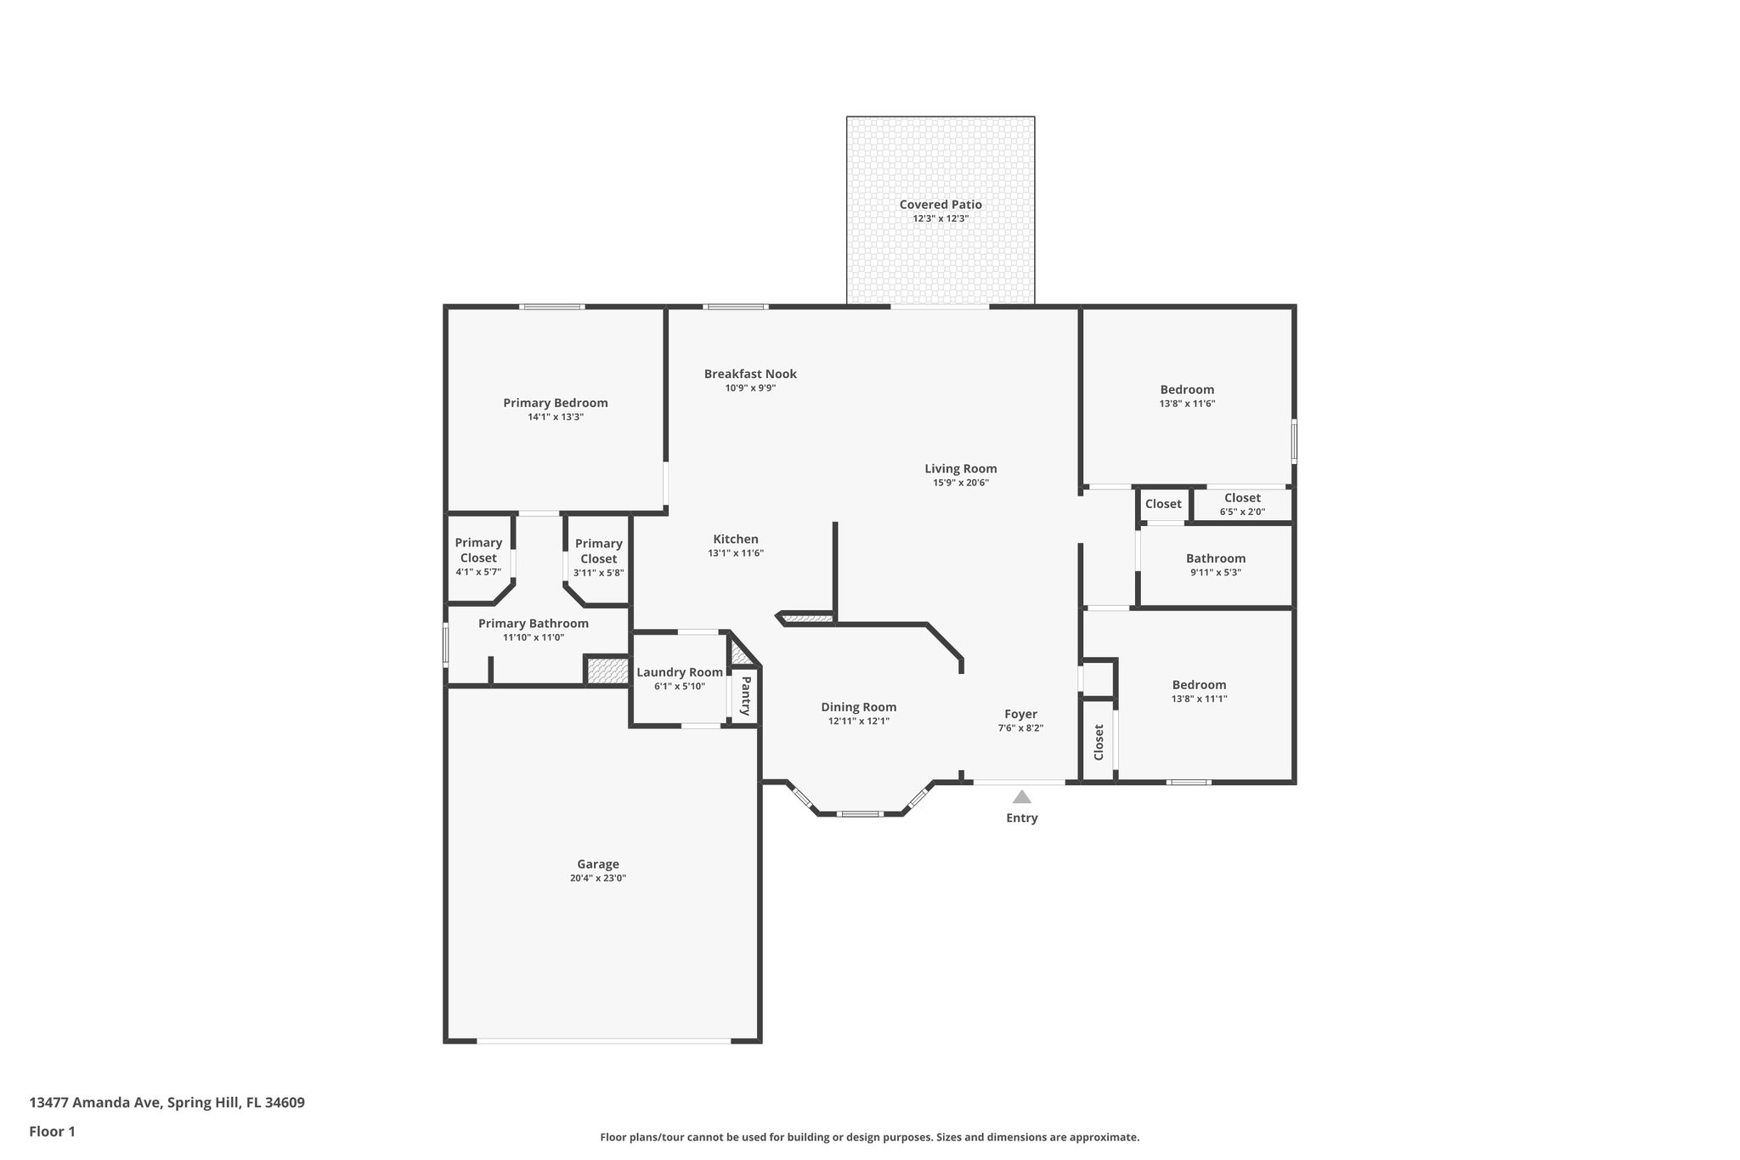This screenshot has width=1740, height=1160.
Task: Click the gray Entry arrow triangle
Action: pos(1021,797)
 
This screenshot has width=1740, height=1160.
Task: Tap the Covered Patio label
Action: pos(941,205)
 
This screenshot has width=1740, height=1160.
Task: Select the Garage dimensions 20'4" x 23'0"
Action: pos(597,879)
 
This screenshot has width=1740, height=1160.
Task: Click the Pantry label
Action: pos(745,695)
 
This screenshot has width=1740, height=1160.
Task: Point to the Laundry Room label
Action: pos(680,672)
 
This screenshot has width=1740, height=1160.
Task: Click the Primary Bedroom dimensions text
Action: pos(555,417)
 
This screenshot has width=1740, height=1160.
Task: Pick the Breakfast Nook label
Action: pos(750,374)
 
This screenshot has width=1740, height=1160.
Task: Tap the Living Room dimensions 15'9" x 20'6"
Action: pos(960,483)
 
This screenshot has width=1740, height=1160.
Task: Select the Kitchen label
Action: pos(736,539)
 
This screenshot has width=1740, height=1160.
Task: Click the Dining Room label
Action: pos(858,707)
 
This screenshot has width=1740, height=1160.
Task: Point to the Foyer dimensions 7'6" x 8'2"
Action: pos(1020,728)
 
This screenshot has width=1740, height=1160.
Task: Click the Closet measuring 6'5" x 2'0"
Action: pos(1242,498)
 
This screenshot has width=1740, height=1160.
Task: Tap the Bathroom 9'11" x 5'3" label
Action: pos(1216,558)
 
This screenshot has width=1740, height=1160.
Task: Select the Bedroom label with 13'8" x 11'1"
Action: pos(1199,685)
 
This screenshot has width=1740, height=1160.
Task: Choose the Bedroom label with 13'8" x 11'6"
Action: pos(1187,390)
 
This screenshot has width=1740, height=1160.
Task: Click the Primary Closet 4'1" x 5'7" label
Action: pos(478,551)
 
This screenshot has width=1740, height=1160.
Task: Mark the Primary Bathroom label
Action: pos(533,624)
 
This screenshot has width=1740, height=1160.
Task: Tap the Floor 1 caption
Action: pos(52,1132)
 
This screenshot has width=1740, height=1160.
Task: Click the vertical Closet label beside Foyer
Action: pos(1099,743)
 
